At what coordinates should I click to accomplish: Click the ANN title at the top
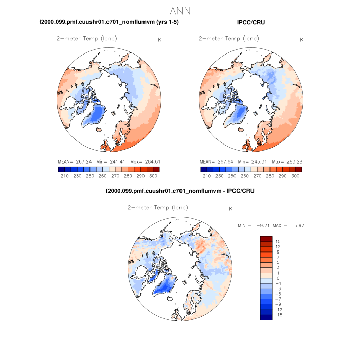(x=180, y=10)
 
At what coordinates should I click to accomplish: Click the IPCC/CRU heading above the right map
(x=251, y=22)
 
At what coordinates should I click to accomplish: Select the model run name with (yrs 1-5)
(x=109, y=22)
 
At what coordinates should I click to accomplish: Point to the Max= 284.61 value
(x=143, y=161)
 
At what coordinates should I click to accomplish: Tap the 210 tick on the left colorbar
(x=64, y=176)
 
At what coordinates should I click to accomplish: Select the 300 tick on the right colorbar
(x=295, y=176)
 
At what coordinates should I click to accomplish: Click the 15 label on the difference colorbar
(x=278, y=241)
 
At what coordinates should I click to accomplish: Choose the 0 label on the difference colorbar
(x=278, y=278)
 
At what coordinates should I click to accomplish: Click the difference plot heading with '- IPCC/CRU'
(x=180, y=191)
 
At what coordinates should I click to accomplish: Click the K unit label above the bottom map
(x=230, y=209)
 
